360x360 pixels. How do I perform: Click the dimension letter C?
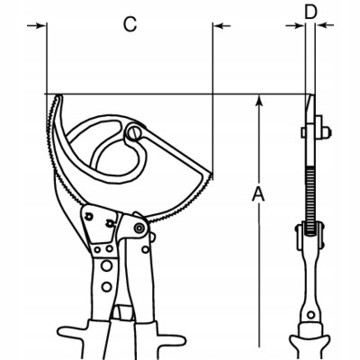coord(130,24)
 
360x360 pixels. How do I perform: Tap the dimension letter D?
coord(310,12)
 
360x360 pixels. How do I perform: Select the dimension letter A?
coord(258,193)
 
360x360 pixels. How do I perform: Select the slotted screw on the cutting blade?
coord(134,133)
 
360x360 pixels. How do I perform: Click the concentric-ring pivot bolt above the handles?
coord(139,229)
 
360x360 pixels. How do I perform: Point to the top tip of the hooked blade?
coord(58,96)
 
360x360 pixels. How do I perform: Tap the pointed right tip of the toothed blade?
coord(211,175)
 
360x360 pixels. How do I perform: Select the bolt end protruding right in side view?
coord(328,131)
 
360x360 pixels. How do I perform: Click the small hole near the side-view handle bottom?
coord(311,315)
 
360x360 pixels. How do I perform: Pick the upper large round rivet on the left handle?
coord(106,265)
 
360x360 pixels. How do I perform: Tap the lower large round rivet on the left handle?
coord(106,286)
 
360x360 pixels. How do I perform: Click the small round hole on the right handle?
coord(146,249)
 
